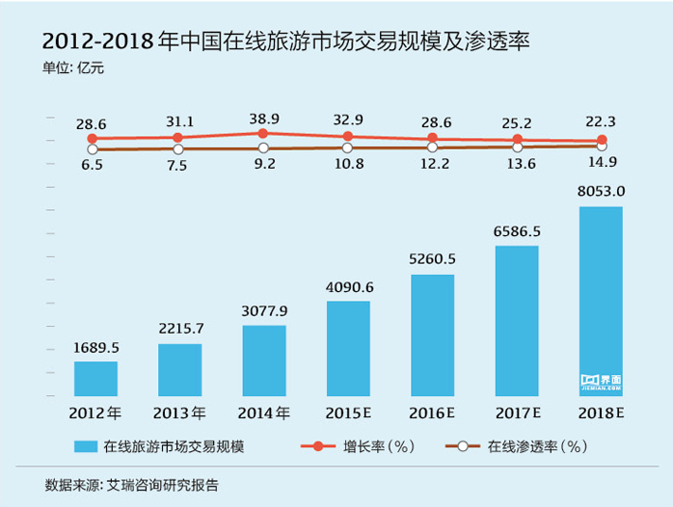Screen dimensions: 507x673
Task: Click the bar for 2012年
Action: (x=95, y=379)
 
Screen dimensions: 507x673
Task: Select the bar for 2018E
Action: (x=601, y=301)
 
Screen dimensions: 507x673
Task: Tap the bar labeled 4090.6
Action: (x=348, y=348)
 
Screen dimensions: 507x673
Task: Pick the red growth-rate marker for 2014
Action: (x=263, y=133)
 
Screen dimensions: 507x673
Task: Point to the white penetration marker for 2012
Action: (x=93, y=149)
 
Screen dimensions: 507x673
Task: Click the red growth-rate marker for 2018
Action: (x=602, y=140)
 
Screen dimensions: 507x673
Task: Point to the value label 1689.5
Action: (x=95, y=347)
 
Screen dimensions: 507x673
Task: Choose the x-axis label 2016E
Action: (x=433, y=414)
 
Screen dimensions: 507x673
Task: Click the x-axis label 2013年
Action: (x=179, y=414)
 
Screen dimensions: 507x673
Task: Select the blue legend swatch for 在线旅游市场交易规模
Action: (x=86, y=447)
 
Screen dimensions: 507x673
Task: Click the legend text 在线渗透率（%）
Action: (x=536, y=447)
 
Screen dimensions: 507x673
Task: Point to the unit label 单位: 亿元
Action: (x=72, y=67)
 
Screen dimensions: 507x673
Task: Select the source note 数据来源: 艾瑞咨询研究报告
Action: (x=131, y=484)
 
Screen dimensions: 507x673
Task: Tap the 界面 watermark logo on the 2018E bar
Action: (x=601, y=381)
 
